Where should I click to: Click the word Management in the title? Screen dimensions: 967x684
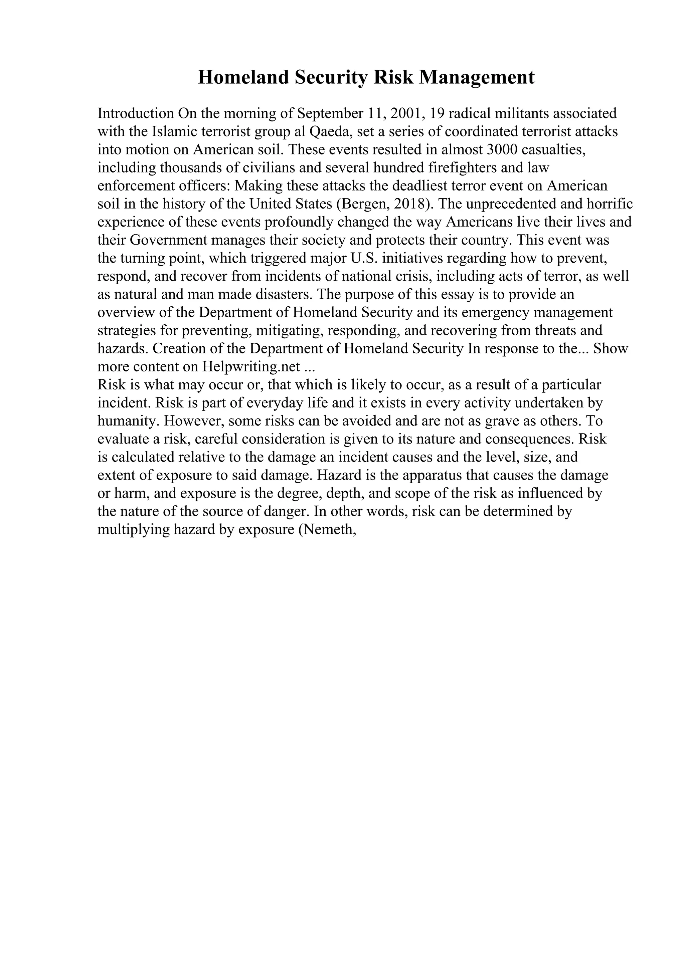(x=476, y=77)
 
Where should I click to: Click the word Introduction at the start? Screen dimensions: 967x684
(x=136, y=113)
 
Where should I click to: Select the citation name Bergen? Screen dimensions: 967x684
(x=364, y=204)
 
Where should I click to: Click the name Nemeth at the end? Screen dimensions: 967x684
(x=330, y=530)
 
